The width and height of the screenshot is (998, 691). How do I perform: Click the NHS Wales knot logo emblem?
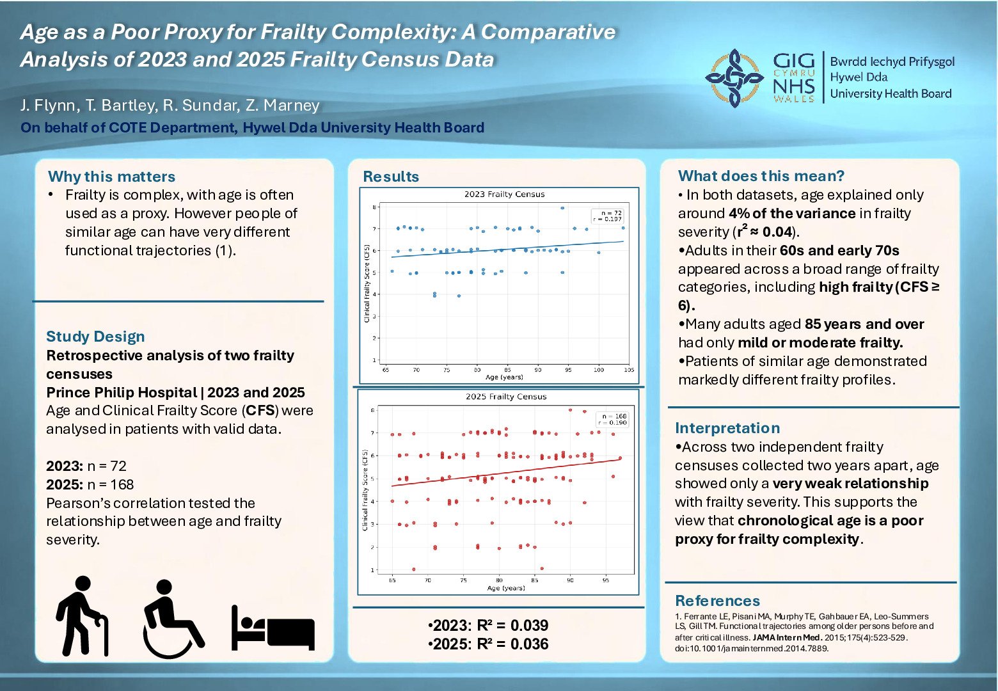pos(734,77)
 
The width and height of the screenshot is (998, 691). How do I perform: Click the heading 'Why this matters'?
pos(111,177)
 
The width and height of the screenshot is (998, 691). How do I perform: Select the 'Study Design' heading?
pos(95,337)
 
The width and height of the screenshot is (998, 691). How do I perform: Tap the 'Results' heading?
pos(391,177)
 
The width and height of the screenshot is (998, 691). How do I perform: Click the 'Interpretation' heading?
pos(727,428)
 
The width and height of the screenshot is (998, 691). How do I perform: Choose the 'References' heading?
pos(717,601)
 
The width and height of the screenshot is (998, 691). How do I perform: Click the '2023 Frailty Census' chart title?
pos(504,195)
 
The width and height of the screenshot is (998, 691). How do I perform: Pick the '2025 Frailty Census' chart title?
pos(506,397)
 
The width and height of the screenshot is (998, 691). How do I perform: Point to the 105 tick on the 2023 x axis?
pos(629,370)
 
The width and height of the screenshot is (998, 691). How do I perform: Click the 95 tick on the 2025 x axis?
pos(605,580)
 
